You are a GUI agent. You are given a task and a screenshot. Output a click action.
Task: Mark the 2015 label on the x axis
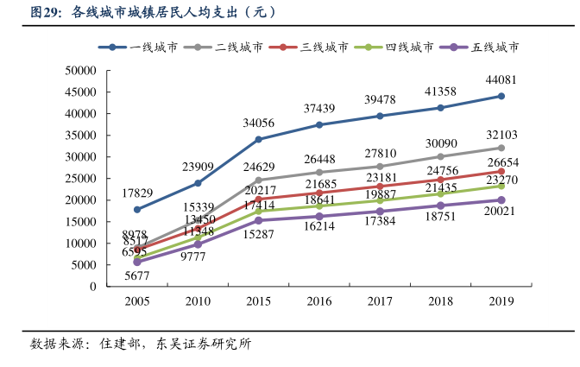coord(258,301)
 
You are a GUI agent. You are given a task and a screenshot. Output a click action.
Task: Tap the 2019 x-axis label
coord(501,301)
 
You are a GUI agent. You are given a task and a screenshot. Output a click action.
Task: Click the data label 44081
coord(501,79)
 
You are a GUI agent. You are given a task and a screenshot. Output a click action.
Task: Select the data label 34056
coord(258,123)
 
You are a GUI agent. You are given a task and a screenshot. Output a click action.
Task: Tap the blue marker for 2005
coord(137,209)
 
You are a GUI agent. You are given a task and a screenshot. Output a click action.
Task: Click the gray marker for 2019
coord(501,148)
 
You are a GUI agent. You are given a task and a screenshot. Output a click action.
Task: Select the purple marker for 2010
coord(198,244)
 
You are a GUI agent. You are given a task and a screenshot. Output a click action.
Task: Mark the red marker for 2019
coord(501,171)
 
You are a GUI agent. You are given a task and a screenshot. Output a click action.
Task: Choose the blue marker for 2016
coord(318,124)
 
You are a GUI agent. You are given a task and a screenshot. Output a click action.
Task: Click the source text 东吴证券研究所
coord(204,344)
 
